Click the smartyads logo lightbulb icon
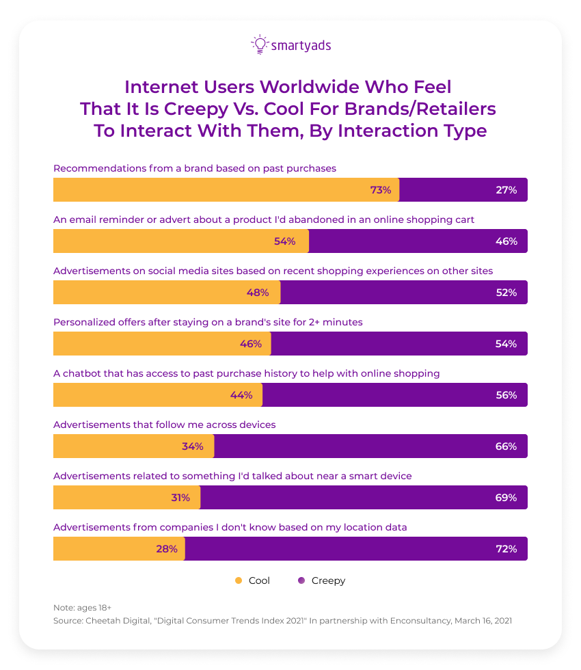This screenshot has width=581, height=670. click(x=259, y=44)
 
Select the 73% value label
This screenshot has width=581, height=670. click(x=380, y=190)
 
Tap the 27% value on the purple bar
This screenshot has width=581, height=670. click(x=506, y=190)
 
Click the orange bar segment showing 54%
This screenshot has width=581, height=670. click(x=181, y=241)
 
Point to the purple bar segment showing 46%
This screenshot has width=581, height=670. click(x=418, y=241)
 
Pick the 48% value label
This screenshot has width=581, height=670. click(x=257, y=293)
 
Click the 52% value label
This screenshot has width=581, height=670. click(x=506, y=293)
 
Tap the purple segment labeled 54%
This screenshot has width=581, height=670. click(x=399, y=344)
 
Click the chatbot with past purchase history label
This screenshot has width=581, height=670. click(x=246, y=373)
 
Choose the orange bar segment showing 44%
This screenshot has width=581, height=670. click(x=157, y=395)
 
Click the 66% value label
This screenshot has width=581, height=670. click(x=506, y=446)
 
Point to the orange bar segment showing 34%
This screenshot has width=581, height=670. click(x=133, y=446)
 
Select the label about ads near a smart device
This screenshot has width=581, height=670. click(x=232, y=476)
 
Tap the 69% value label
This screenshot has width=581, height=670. click(x=506, y=498)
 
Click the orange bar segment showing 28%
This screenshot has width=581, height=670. click(x=119, y=549)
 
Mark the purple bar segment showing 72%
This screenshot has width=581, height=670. click(x=355, y=549)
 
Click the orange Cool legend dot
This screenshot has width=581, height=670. click(x=239, y=580)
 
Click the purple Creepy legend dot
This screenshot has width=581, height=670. click(x=301, y=580)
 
